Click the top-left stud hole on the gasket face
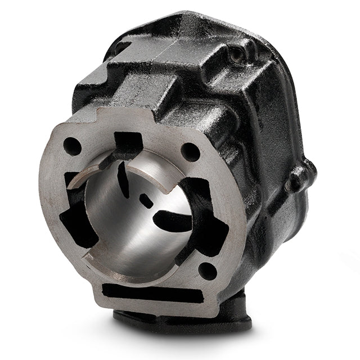click(x=72, y=146)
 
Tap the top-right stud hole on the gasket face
click(x=191, y=151)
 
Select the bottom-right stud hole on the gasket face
click(x=208, y=271)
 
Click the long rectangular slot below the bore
click(x=151, y=294)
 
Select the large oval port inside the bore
click(x=172, y=220)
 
